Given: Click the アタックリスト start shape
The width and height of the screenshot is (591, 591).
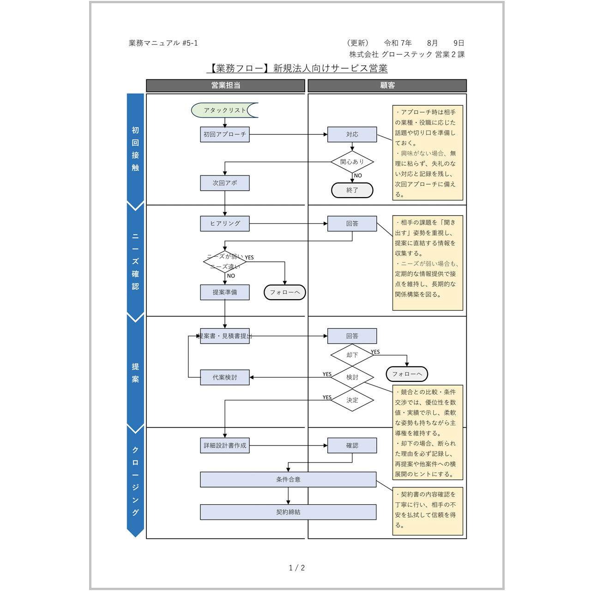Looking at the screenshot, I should (224, 110).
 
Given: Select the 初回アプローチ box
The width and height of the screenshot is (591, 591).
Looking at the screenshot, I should (225, 134).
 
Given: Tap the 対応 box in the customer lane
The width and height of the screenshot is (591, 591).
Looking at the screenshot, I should (352, 134).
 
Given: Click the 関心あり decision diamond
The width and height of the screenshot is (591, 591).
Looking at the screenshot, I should (352, 162).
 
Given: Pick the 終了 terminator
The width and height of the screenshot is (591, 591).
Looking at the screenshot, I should (352, 190).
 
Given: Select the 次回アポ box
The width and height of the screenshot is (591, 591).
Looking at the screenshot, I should (225, 183).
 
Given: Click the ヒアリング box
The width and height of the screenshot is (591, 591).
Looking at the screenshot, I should (225, 223).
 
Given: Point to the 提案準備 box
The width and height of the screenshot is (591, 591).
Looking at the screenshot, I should (225, 292).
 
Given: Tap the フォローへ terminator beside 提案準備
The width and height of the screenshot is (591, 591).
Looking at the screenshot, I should (284, 292).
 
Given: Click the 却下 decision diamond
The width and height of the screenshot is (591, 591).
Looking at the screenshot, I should (352, 355).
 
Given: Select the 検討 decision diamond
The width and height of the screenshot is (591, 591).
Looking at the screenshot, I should (352, 377).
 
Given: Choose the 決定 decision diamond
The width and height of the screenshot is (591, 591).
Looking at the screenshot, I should (352, 400).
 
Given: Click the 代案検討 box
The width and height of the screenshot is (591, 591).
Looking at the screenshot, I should (225, 377).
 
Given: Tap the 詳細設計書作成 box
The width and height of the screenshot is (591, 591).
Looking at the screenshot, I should (225, 446).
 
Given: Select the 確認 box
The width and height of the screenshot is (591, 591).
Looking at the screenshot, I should (352, 446).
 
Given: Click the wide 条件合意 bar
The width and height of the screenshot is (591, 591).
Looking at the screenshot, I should (288, 479).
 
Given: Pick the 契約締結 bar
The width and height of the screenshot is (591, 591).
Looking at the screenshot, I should (288, 512).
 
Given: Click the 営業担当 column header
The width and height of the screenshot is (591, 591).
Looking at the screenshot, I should (225, 85).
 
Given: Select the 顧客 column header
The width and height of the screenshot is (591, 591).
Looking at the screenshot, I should (387, 85).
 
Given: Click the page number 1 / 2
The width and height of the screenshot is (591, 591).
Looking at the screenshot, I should (296, 568).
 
